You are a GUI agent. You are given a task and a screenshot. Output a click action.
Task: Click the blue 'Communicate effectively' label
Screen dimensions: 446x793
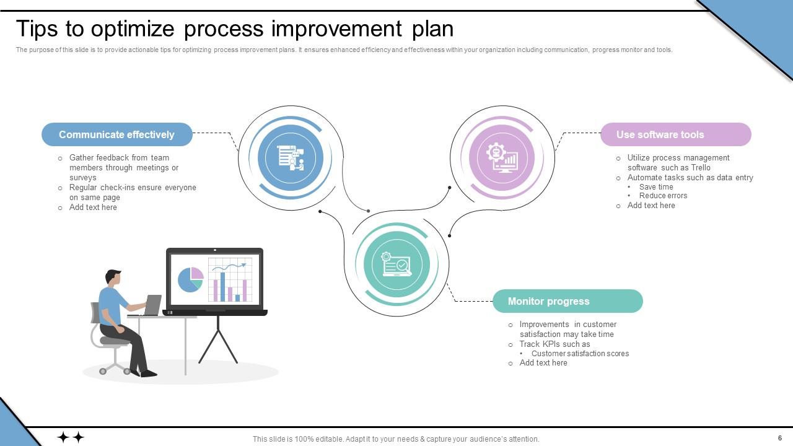[116, 134]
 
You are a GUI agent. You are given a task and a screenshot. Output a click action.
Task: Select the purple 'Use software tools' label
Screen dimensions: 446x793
[675, 134]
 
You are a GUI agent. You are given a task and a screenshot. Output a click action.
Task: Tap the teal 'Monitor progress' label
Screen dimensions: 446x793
[567, 301]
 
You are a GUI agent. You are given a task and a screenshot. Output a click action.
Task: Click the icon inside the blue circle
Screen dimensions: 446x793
[291, 157]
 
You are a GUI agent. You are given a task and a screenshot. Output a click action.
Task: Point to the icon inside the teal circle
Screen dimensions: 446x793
[396, 265]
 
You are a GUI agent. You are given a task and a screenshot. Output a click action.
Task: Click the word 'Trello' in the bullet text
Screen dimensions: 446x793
[701, 168]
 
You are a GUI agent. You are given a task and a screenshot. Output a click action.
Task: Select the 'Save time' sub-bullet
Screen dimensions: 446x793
[656, 187]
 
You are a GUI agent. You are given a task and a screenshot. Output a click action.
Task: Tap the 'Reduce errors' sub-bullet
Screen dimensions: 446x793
[663, 196]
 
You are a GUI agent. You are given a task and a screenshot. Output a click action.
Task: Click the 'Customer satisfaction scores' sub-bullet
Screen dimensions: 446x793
[580, 354]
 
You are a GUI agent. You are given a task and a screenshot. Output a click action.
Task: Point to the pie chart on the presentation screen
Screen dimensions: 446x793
[191, 279]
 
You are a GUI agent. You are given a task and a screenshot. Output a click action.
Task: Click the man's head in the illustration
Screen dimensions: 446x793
[113, 278]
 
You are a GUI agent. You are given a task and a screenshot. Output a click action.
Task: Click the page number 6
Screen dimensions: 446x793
[780, 438]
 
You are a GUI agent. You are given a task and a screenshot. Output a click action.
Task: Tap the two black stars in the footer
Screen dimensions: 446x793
[71, 437]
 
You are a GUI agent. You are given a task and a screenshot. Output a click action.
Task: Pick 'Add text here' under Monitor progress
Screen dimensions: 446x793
[543, 363]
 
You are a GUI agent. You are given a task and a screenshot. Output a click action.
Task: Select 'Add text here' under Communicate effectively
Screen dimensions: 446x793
[93, 208]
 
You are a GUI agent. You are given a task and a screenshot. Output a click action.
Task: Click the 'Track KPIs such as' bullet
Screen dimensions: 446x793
[554, 344]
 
